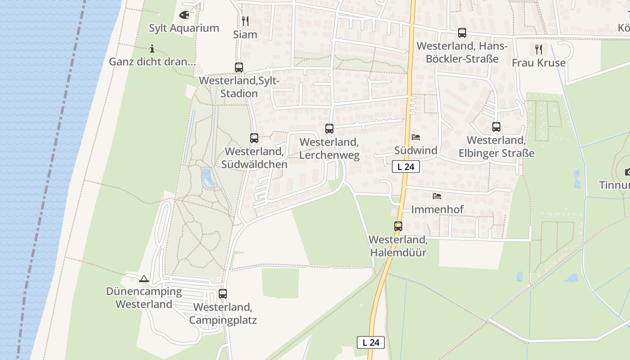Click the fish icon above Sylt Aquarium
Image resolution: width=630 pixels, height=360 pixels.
pyautogui.click(x=184, y=15)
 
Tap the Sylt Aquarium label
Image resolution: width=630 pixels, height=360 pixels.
pyautogui.click(x=184, y=28)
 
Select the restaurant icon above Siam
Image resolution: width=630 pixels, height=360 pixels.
pyautogui.click(x=245, y=21)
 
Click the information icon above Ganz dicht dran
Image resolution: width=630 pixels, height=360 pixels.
pyautogui.click(x=152, y=49)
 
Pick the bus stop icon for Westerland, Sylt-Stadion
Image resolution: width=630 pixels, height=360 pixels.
pyautogui.click(x=239, y=67)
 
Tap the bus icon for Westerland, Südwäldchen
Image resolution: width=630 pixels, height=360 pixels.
pyautogui.click(x=254, y=138)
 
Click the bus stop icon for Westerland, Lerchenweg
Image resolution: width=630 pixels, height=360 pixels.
pyautogui.click(x=329, y=129)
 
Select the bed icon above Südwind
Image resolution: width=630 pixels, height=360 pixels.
pyautogui.click(x=416, y=137)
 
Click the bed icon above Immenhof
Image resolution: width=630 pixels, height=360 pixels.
pyautogui.click(x=437, y=196)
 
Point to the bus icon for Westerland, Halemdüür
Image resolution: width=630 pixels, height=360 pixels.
pyautogui.click(x=398, y=226)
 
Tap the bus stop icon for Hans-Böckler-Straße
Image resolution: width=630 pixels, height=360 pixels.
pyautogui.click(x=462, y=33)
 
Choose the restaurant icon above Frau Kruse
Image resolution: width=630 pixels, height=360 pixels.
pyautogui.click(x=539, y=49)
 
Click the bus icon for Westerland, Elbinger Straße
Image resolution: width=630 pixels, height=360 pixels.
pyautogui.click(x=496, y=127)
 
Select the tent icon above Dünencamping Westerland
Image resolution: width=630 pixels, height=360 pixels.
pyautogui.click(x=144, y=279)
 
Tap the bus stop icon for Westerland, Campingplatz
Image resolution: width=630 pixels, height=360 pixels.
pyautogui.click(x=223, y=294)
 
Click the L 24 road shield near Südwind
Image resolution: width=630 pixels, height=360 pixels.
pyautogui.click(x=406, y=166)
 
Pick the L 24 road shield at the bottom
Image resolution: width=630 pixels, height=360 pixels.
pyautogui.click(x=371, y=342)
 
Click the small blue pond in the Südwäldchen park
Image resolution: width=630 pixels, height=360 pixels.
pyautogui.click(x=207, y=178)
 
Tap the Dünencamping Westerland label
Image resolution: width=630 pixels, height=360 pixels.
pyautogui.click(x=144, y=297)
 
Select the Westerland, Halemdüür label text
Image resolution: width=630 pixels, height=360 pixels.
pyautogui.click(x=398, y=246)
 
